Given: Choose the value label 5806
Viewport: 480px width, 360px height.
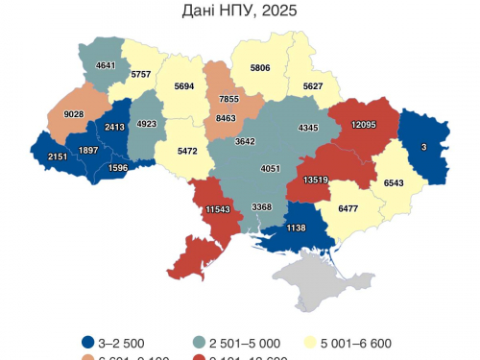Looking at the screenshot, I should point(261,68).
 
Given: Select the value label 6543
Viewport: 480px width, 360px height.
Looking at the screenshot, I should point(394,182).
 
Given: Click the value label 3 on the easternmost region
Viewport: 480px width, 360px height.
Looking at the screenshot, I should point(423,146).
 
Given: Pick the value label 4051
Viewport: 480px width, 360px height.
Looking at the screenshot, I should point(271,169).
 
